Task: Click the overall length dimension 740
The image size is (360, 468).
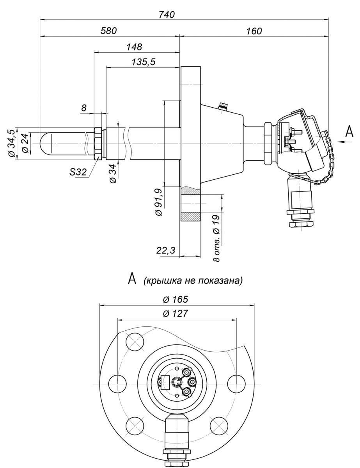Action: pyautogui.click(x=167, y=14)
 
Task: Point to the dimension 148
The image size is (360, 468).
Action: pyautogui.click(x=134, y=47)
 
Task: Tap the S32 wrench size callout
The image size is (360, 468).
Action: pyautogui.click(x=78, y=172)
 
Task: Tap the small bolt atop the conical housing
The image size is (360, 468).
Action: pyautogui.click(x=224, y=105)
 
